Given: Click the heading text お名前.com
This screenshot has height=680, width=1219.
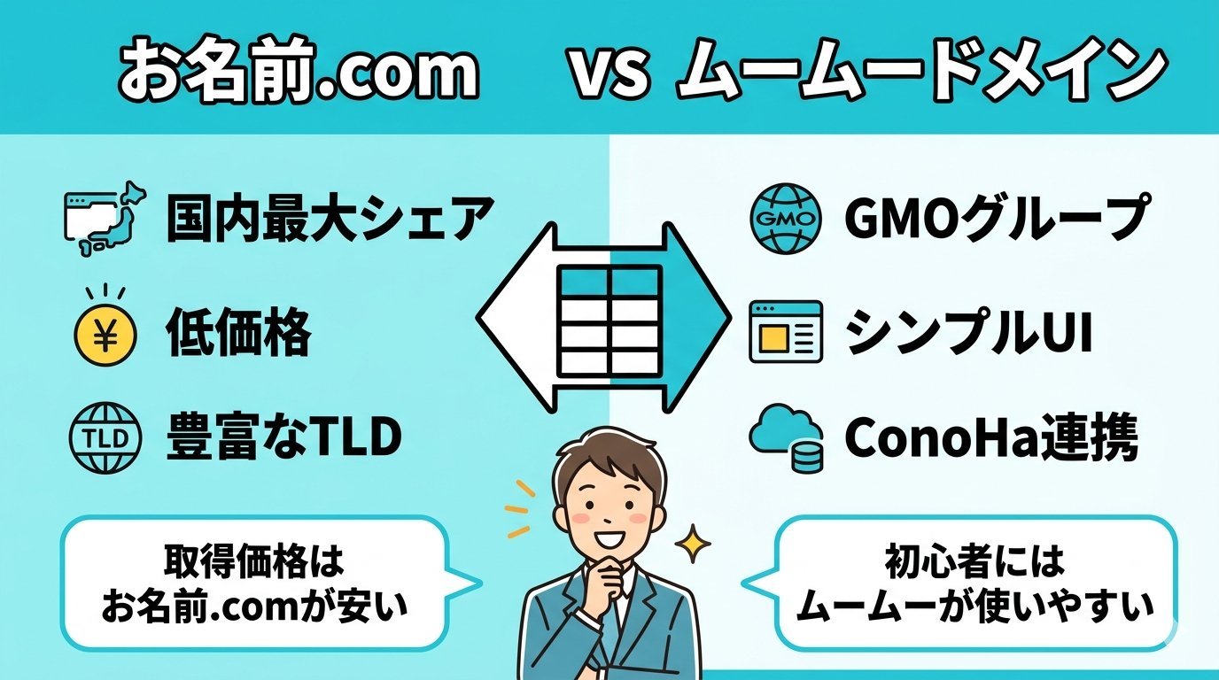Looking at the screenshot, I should point(299,71).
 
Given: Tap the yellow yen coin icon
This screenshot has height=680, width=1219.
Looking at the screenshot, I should point(105,334).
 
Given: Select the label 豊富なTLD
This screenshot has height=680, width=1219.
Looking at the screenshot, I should point(283,438).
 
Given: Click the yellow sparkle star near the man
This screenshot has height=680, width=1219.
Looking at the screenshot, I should point(693,543).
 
